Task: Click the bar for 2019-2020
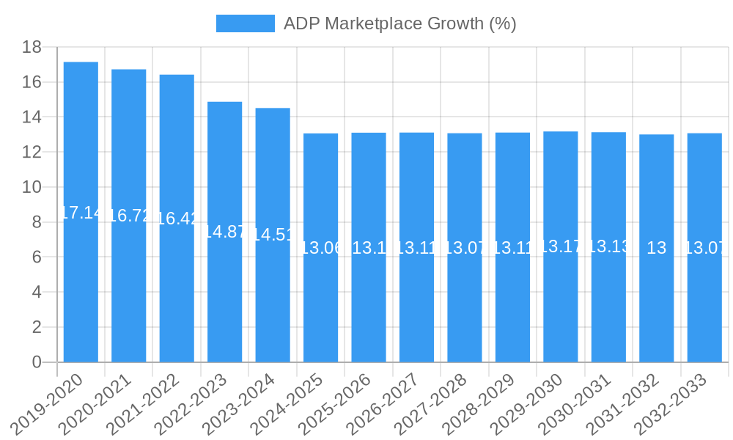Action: coord(81,213)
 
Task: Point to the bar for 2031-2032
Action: coord(656,249)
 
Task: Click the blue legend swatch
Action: coord(245,23)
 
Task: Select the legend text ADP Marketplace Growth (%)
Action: coord(399,23)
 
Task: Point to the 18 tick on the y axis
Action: coord(32,47)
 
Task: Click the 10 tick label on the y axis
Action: coord(32,187)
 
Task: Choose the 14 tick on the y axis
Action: coord(32,117)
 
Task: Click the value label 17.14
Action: coord(81,213)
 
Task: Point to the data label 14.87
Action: coord(224,232)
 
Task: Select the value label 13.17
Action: coord(561,246)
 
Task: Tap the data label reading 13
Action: coord(656,249)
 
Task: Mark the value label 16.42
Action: coord(177,219)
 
